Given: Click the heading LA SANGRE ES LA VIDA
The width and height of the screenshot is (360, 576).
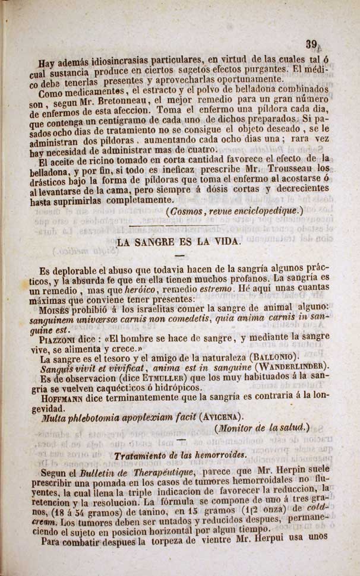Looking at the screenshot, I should point(179,242).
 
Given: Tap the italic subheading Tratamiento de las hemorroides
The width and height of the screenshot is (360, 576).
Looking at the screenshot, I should point(180,455).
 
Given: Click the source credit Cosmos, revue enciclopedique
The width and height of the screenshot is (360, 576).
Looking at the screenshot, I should point(235,211).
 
